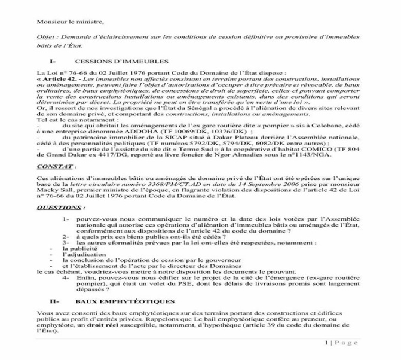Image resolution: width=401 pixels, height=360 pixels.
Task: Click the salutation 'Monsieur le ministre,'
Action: point(65,21)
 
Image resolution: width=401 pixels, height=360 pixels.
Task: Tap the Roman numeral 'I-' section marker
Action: point(53,61)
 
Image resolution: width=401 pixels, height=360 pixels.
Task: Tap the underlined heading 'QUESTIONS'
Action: point(60,208)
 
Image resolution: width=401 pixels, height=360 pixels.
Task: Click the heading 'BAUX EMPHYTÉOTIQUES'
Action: point(117,301)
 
